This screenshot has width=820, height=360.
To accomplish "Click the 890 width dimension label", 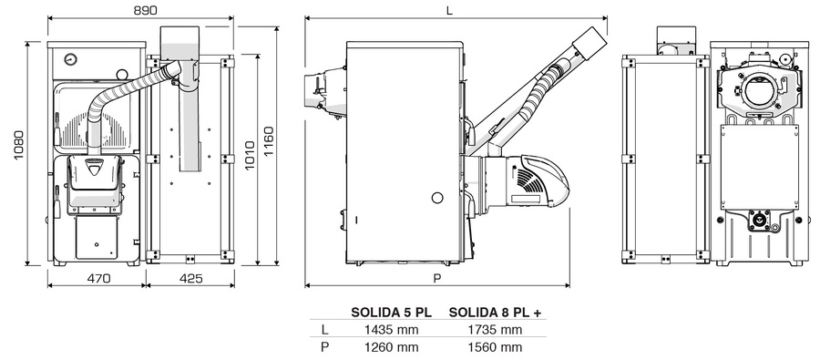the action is click(145, 10).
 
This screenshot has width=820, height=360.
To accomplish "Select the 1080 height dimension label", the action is click(19, 146).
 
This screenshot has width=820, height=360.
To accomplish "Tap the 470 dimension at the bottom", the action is click(98, 279).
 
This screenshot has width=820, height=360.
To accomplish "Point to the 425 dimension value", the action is click(191, 279).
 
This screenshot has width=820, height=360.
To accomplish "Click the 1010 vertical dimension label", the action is click(250, 156).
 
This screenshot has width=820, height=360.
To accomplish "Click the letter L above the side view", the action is click(450, 10).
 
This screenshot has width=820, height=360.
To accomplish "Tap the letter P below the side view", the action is click(437, 278).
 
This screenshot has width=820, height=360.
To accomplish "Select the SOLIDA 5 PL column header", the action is click(392, 313).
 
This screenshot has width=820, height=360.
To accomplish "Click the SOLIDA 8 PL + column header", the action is click(495, 313).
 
